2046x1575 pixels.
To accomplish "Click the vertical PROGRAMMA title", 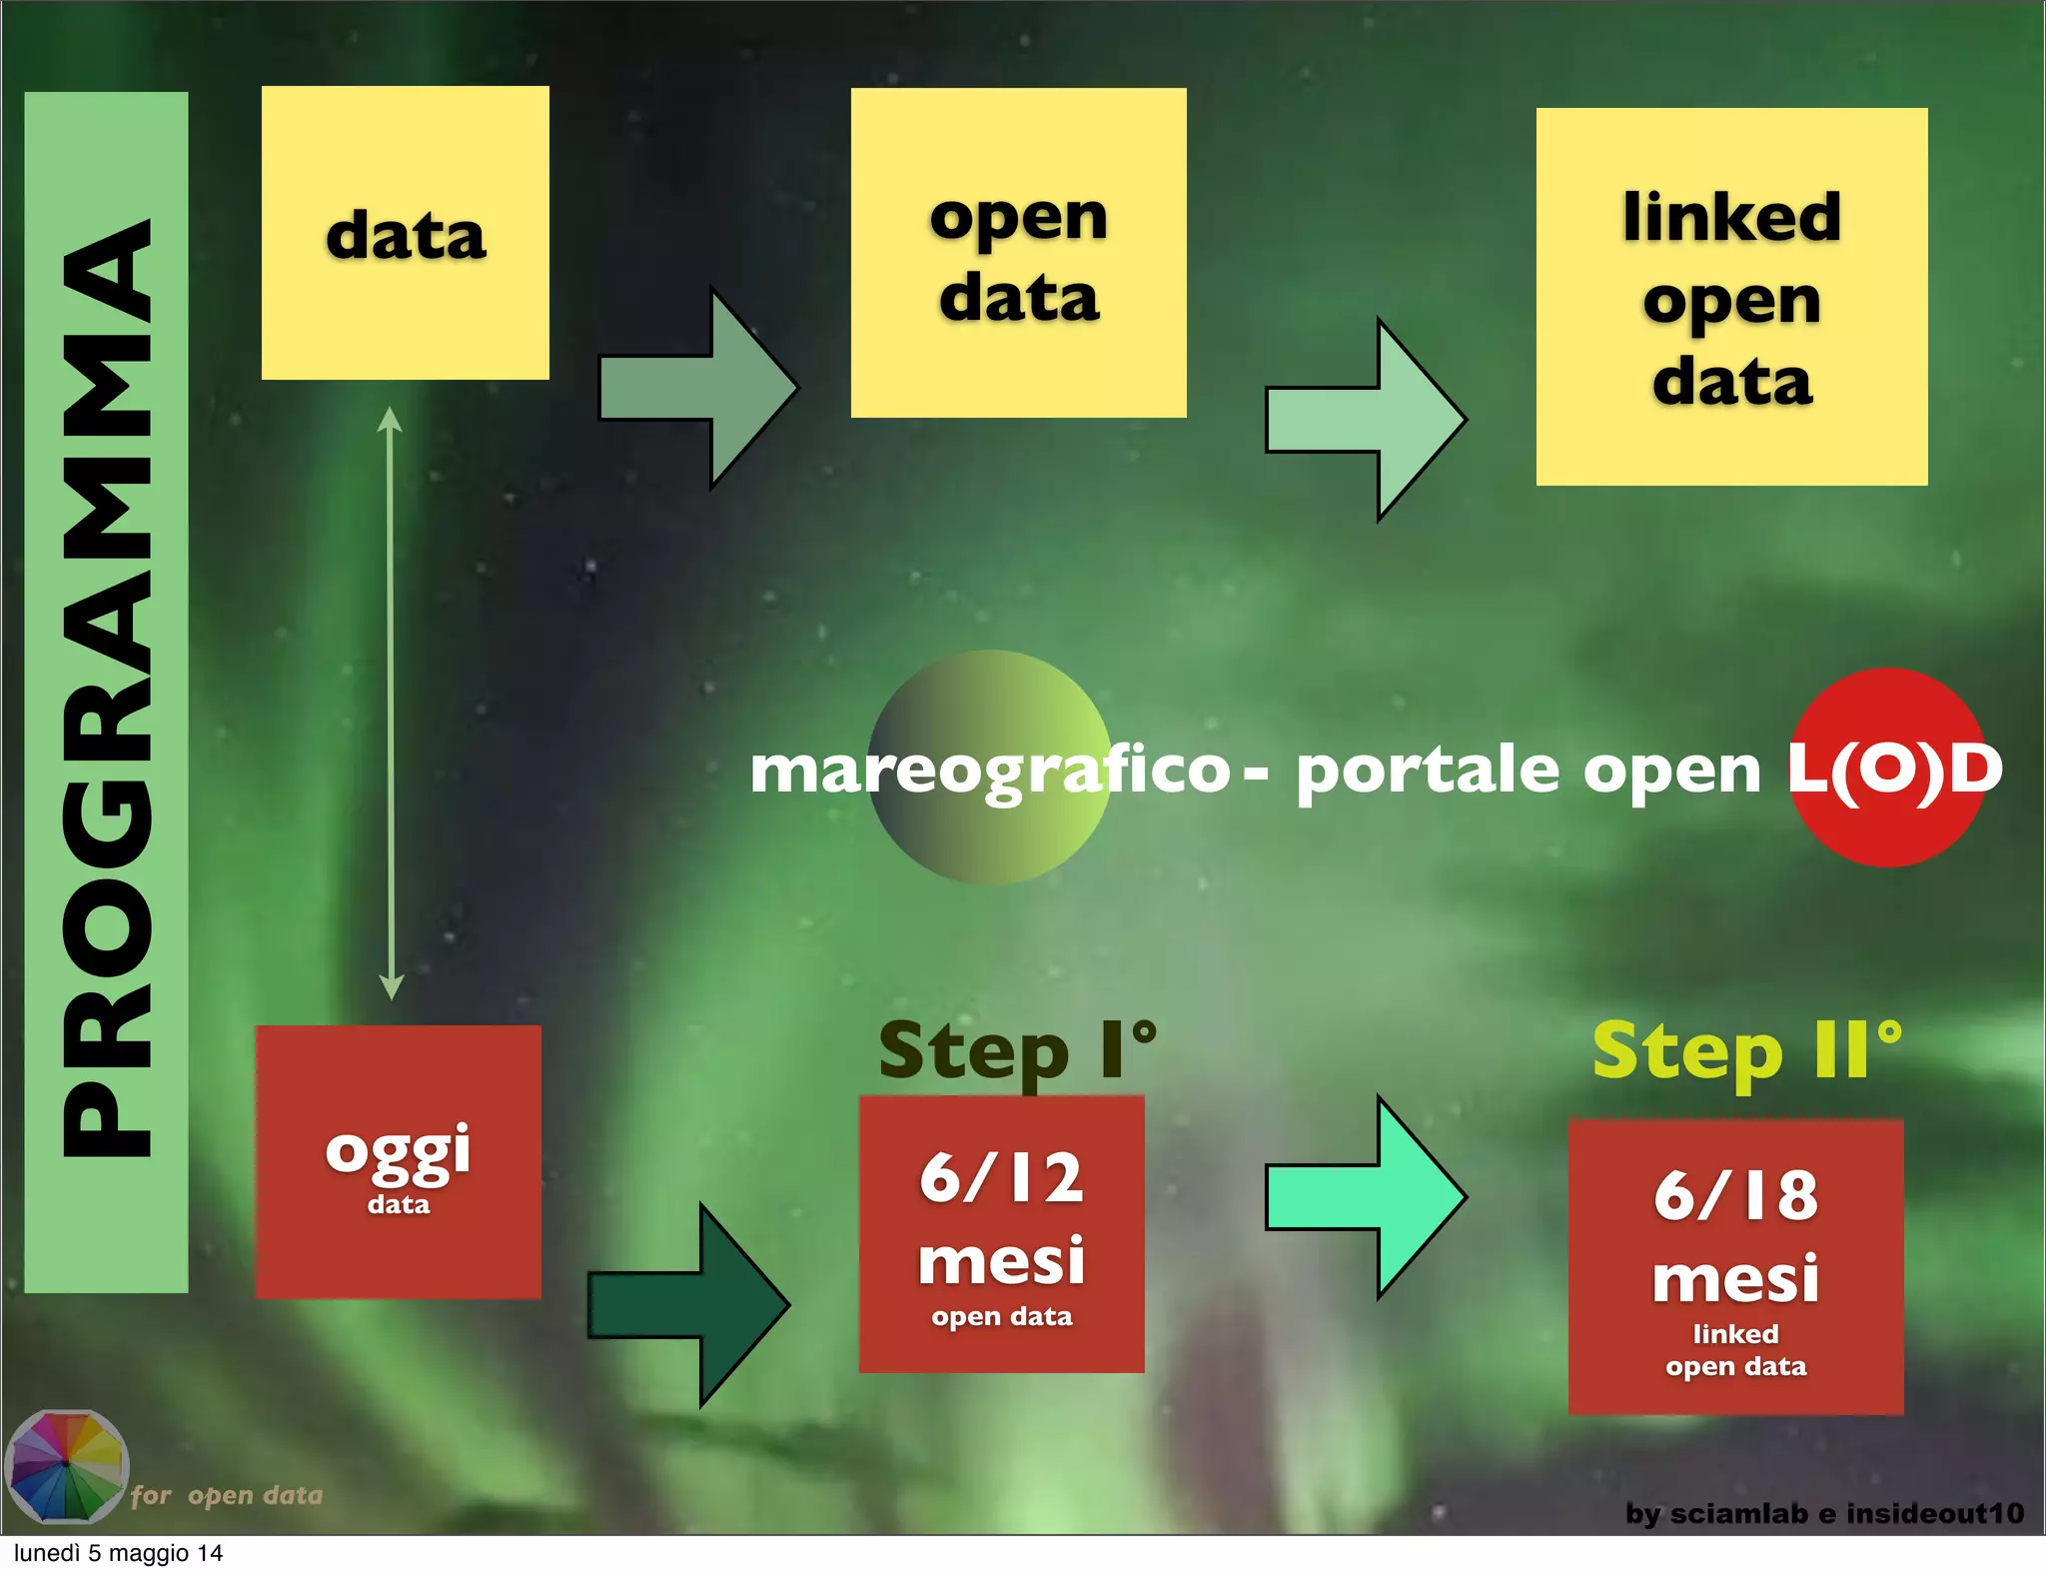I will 106,690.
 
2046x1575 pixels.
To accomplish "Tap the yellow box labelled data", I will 406,233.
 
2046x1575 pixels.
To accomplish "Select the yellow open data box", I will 1018,253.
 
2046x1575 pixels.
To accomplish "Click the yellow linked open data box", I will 1731,297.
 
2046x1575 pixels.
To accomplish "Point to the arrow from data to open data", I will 699,388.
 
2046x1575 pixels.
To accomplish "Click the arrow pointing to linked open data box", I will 1367,420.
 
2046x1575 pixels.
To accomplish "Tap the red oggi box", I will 398,1161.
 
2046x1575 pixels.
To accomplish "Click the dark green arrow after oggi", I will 690,1304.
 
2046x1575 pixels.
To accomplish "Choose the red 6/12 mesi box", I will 1001,1234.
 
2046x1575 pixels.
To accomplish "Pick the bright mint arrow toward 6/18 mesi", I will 1366,1196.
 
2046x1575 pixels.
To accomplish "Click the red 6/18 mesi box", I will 1735,1266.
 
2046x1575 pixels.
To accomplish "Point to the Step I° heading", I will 1017,1051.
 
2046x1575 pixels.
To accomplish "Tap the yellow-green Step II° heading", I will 1746,1051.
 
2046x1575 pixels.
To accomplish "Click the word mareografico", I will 989,771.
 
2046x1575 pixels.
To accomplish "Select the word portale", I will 1427,771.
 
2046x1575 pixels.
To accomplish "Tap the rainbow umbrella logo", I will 66,1466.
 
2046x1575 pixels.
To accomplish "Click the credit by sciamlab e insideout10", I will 1824,1513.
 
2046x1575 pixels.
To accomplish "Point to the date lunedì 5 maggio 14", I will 118,1553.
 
